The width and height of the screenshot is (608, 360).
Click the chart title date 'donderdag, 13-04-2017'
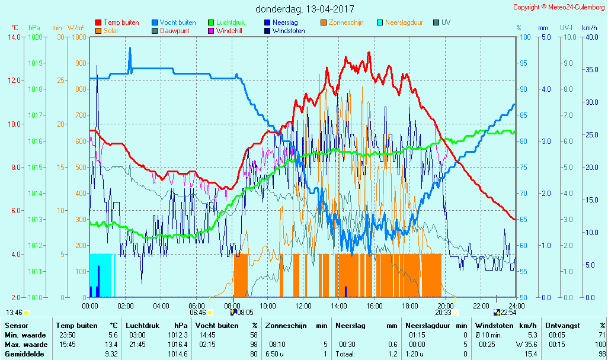point(305,9)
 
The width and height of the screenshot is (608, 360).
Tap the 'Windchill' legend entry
point(228,31)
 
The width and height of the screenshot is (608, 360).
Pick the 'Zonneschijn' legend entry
point(345,22)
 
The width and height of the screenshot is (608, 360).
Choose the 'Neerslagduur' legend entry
point(404,22)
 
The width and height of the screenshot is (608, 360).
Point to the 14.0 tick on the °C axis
point(14,37)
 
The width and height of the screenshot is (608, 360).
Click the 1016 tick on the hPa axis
point(35,141)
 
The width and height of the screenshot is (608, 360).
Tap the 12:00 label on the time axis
point(303,306)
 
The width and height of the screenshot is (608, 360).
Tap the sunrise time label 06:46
point(198,312)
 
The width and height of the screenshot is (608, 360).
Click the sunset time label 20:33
point(443,312)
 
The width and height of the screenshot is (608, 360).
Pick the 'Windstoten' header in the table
point(492,325)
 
